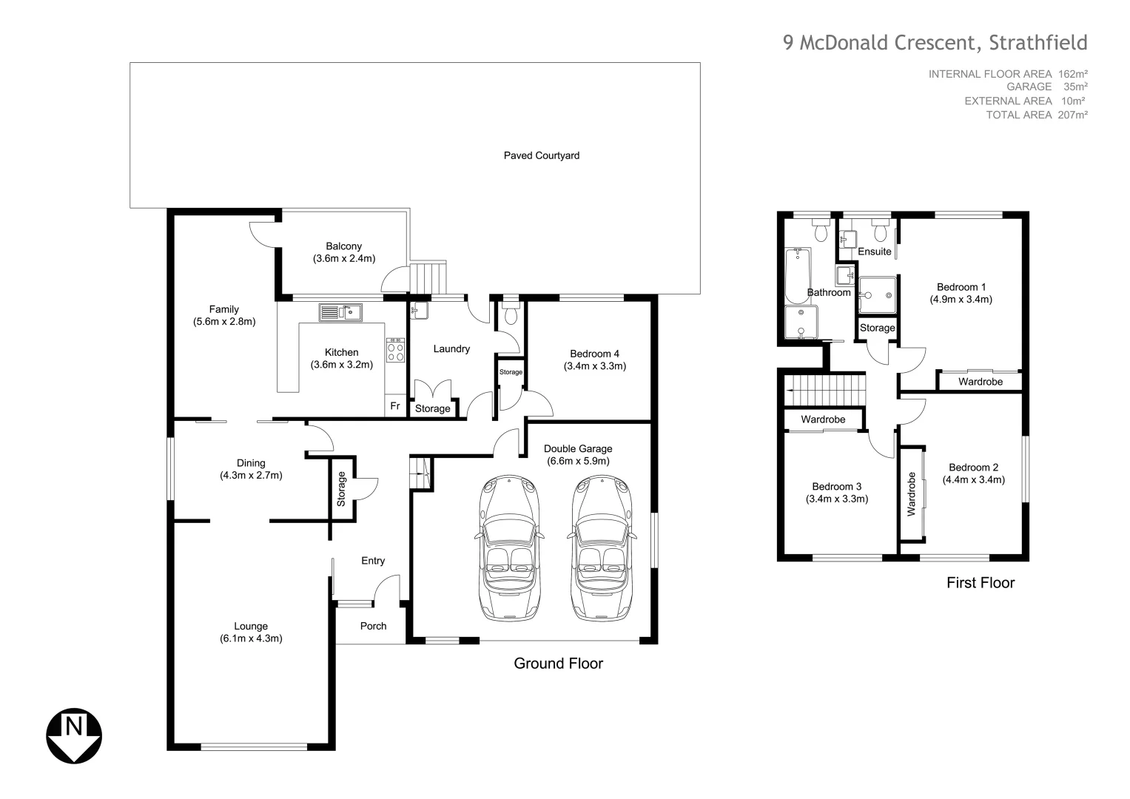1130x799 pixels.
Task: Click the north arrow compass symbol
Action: point(74,736)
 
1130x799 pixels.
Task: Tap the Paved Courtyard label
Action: point(541,155)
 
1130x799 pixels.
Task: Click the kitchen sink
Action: point(340,312)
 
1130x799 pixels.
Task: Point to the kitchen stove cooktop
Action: point(395,349)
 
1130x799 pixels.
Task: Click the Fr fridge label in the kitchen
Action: point(395,406)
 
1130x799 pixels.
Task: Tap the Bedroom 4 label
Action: point(594,353)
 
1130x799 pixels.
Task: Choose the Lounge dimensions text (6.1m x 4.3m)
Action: point(251,638)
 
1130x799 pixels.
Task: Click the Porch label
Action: point(373,626)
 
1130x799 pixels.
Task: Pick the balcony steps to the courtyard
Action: point(429,278)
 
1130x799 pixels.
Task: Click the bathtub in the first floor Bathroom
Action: point(798,275)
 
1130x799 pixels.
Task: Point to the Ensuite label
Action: point(874,252)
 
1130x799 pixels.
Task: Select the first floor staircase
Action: point(825,389)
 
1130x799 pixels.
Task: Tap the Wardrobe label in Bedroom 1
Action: point(980,382)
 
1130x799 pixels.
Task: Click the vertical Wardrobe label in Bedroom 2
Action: point(911,493)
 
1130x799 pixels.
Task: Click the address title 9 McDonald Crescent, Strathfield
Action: point(935,43)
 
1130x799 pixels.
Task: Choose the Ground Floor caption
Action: point(558,664)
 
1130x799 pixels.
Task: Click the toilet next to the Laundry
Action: point(511,314)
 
